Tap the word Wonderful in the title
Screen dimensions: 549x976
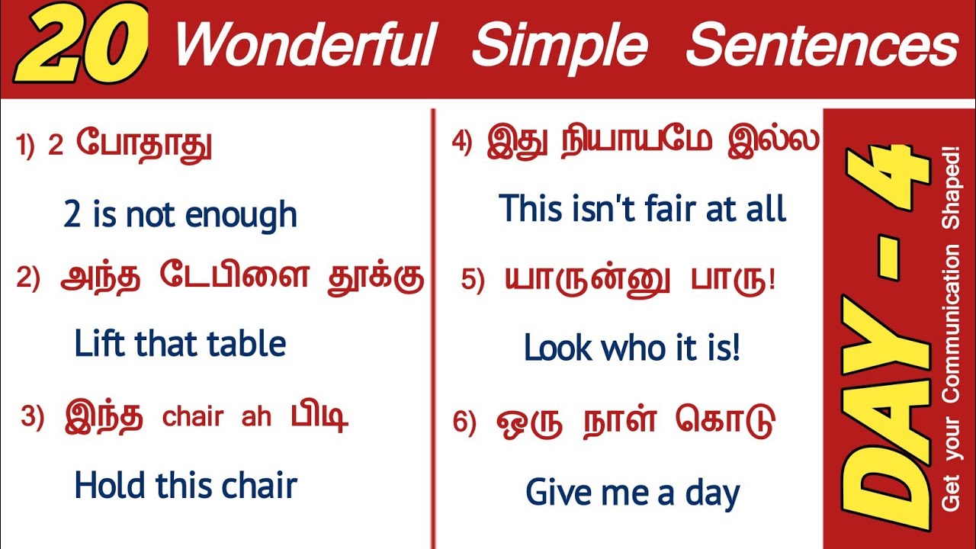304,46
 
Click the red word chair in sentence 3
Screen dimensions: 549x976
194,418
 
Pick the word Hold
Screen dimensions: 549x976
110,486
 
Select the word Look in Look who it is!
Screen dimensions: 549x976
557,349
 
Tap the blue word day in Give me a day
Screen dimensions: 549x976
712,494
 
